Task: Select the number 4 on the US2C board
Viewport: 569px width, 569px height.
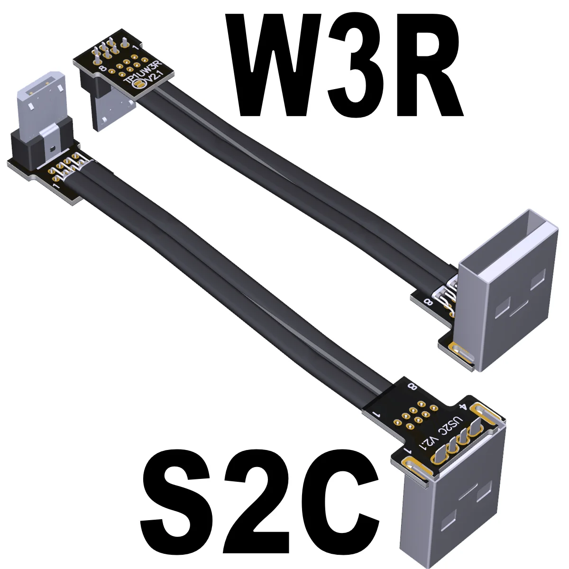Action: pos(464,407)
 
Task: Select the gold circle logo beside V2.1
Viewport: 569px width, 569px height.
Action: pos(139,84)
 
